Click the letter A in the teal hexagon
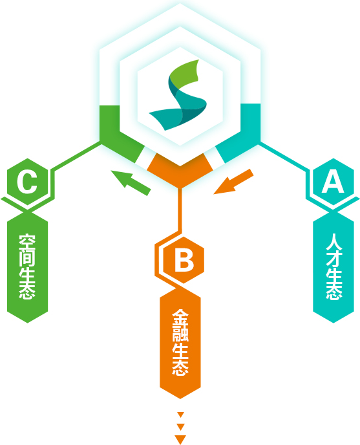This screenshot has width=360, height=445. [x=333, y=182]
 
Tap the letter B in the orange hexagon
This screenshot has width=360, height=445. [x=184, y=259]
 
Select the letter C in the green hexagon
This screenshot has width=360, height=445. [x=27, y=182]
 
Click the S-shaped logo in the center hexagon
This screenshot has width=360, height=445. [x=178, y=95]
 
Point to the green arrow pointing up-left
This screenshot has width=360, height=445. [x=131, y=182]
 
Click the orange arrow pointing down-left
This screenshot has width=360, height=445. [x=233, y=182]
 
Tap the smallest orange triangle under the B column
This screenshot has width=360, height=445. [x=180, y=415]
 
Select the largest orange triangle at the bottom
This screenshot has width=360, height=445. [x=180, y=439]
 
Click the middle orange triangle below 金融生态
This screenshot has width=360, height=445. [x=180, y=427]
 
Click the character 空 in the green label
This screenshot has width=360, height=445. [x=27, y=241]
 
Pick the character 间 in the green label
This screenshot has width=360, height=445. [x=27, y=258]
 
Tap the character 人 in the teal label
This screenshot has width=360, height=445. [x=334, y=242]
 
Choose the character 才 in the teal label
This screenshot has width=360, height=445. [x=334, y=259]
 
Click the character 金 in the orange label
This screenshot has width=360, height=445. [x=180, y=318]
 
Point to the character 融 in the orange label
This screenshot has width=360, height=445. [x=180, y=334]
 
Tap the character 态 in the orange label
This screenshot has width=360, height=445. [x=180, y=368]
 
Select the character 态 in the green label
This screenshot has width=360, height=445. [x=27, y=291]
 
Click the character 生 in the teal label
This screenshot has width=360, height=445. [x=334, y=275]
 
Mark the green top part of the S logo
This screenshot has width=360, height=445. [x=184, y=74]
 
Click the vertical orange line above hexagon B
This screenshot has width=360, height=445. [x=180, y=210]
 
